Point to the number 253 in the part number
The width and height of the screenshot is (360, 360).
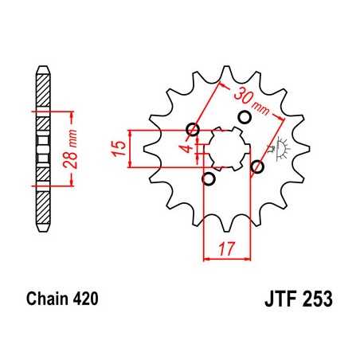(x=316, y=301)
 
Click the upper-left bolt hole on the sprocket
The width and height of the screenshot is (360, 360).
(x=191, y=130)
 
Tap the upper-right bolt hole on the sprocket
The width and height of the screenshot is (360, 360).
(x=244, y=119)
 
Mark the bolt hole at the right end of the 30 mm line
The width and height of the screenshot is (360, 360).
(x=257, y=166)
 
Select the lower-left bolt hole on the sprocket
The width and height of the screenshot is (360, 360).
(x=209, y=178)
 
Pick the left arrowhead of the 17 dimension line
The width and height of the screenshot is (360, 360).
(x=207, y=256)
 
